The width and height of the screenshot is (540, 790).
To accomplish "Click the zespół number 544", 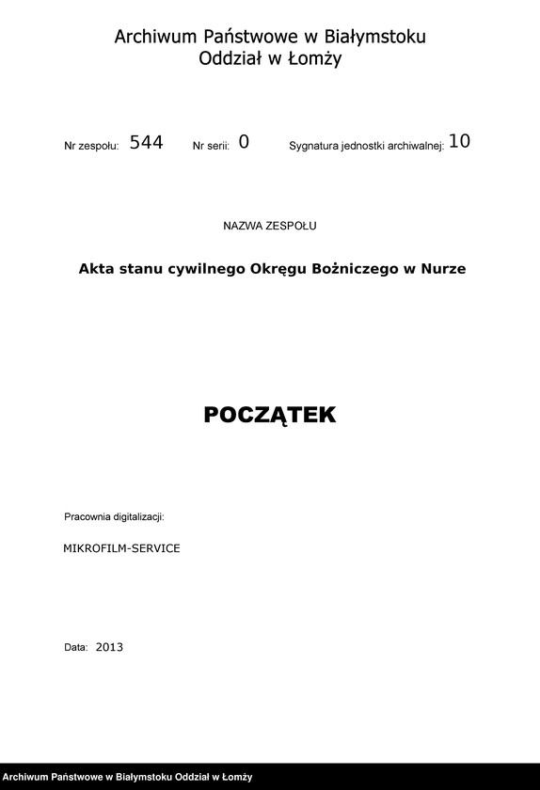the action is pos(146,143).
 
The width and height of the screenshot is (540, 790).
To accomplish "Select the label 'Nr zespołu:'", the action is pos(91,147).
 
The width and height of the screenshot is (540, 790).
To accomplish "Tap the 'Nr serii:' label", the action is pos(211,147).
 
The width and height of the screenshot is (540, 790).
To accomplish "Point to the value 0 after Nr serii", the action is pos(244,143).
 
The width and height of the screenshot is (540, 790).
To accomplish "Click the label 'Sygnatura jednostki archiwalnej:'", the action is pos(366,147).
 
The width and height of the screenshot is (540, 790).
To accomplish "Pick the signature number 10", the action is pos(459,142).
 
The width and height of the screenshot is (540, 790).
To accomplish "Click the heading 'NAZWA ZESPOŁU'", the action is pos(270,226).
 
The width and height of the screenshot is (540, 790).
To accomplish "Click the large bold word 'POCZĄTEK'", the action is pos(270,416).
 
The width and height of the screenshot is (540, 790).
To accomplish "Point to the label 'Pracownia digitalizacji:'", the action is pos(114,517).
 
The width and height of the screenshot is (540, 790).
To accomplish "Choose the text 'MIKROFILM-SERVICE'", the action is pos(121,547).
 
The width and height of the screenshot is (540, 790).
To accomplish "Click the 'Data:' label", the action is pos(75,648).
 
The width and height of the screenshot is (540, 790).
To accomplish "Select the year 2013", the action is pos(109,647).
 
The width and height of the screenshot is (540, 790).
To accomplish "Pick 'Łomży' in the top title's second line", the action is pos(317,59).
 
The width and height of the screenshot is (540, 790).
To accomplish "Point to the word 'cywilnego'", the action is pos(206,269).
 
